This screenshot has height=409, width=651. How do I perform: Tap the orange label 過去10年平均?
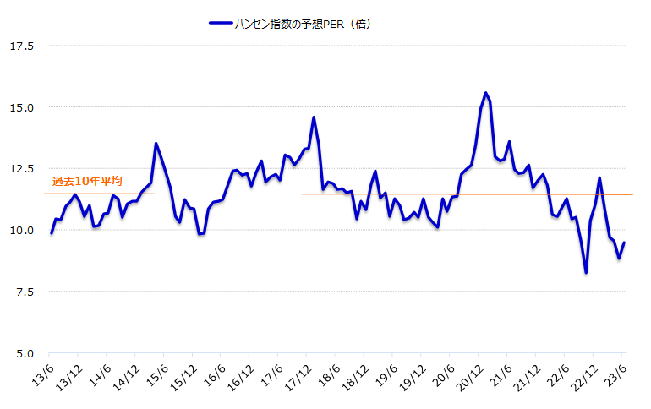[x=87, y=181]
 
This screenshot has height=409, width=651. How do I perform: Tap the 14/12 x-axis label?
[x=124, y=375]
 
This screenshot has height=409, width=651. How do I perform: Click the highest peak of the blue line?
[x=485, y=93]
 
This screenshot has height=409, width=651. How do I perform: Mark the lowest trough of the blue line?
[x=586, y=272]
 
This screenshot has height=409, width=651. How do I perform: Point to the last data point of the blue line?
[x=624, y=243]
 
